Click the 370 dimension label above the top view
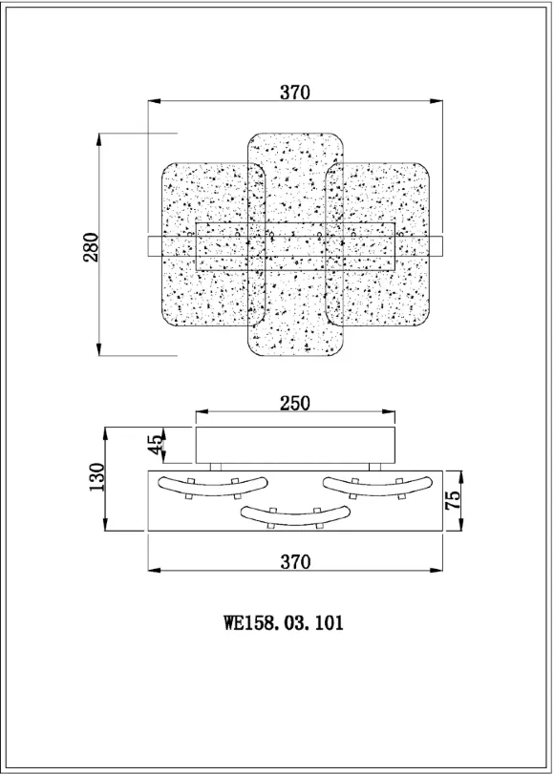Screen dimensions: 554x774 [295, 93]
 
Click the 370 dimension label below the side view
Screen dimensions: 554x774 [295, 562]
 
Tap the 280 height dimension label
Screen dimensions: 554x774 [91, 247]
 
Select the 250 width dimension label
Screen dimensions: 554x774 [295, 404]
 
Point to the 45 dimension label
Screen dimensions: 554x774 [155, 445]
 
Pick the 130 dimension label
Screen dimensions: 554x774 [96, 477]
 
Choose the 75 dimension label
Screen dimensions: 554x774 [452, 500]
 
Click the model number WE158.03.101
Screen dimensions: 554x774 [283, 622]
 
